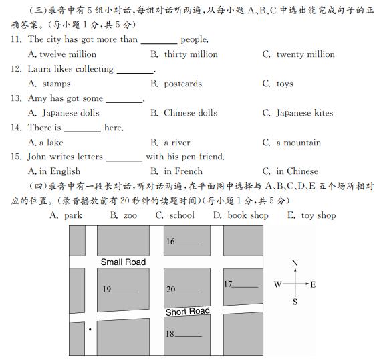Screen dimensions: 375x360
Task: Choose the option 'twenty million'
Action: tap(305, 54)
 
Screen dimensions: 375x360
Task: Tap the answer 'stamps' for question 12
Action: tap(56, 84)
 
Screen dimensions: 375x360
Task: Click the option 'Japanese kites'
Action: tap(304, 113)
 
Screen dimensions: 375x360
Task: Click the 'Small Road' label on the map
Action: tap(123, 262)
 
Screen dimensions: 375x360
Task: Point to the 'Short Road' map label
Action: tap(187, 312)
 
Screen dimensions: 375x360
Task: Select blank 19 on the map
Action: tap(126, 290)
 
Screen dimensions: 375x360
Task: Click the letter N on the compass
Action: tap(295, 263)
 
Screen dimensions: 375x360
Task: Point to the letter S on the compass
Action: tap(295, 302)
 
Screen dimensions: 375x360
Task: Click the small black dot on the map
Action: tap(90, 329)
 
